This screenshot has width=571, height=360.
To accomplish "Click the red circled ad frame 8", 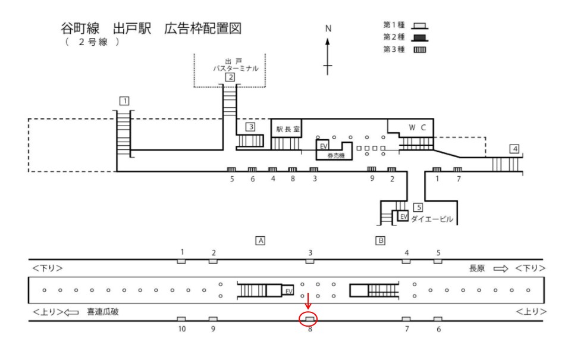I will [309, 319].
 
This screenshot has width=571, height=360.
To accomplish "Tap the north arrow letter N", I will [328, 29].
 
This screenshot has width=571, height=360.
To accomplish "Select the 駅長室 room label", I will [288, 129].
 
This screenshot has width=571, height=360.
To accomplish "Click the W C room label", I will [417, 127].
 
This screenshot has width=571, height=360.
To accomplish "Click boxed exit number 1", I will [124, 101].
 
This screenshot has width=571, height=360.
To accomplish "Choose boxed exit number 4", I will [514, 149].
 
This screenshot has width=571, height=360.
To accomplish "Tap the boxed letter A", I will [259, 240].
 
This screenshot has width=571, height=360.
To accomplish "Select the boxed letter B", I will [380, 240].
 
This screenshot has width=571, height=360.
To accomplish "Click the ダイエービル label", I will [432, 219].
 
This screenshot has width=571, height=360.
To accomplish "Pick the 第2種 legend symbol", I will [420, 37].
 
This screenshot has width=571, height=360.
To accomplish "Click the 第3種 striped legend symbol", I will [420, 49].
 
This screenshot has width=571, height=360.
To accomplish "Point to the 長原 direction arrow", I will [501, 268].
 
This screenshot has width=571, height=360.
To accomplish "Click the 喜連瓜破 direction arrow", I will [71, 311].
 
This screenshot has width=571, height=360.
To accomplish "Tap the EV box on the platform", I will [288, 290].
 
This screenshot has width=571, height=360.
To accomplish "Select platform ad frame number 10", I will [181, 320].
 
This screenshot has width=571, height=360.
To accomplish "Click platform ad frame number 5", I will [438, 261].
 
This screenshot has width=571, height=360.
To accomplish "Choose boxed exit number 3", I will [251, 127].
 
